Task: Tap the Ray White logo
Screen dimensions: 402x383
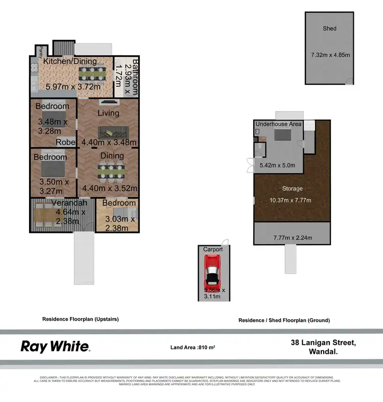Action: point(55,346)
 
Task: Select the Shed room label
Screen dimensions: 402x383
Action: point(330,28)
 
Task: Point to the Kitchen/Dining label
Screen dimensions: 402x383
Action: point(69,61)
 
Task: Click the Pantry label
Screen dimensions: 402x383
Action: point(38,52)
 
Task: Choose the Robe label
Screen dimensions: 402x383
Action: point(66,142)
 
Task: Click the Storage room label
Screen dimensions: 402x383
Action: point(293,188)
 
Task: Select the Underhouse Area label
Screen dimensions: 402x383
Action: point(278,124)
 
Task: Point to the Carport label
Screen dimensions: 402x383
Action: point(213,249)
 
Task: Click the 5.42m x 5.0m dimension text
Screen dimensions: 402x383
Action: point(278,165)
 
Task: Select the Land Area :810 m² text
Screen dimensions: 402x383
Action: point(193,347)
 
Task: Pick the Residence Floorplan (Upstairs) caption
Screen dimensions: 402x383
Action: point(80,319)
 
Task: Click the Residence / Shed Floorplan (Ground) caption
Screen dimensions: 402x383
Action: point(284,320)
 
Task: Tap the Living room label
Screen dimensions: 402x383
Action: point(108,113)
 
